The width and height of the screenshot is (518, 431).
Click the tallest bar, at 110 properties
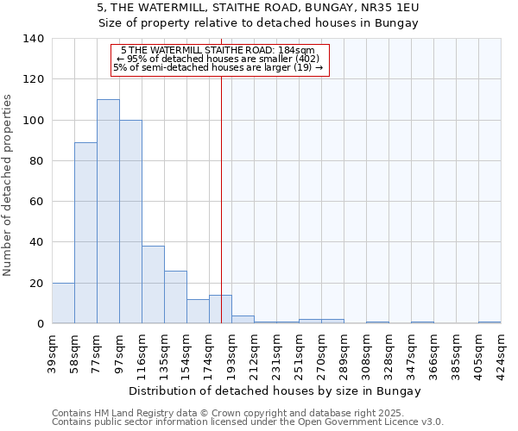108,211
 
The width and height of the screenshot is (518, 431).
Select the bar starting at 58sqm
85,233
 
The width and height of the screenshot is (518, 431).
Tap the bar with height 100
130,222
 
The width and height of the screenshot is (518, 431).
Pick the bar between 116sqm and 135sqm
153,284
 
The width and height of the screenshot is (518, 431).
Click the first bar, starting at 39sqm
63,303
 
